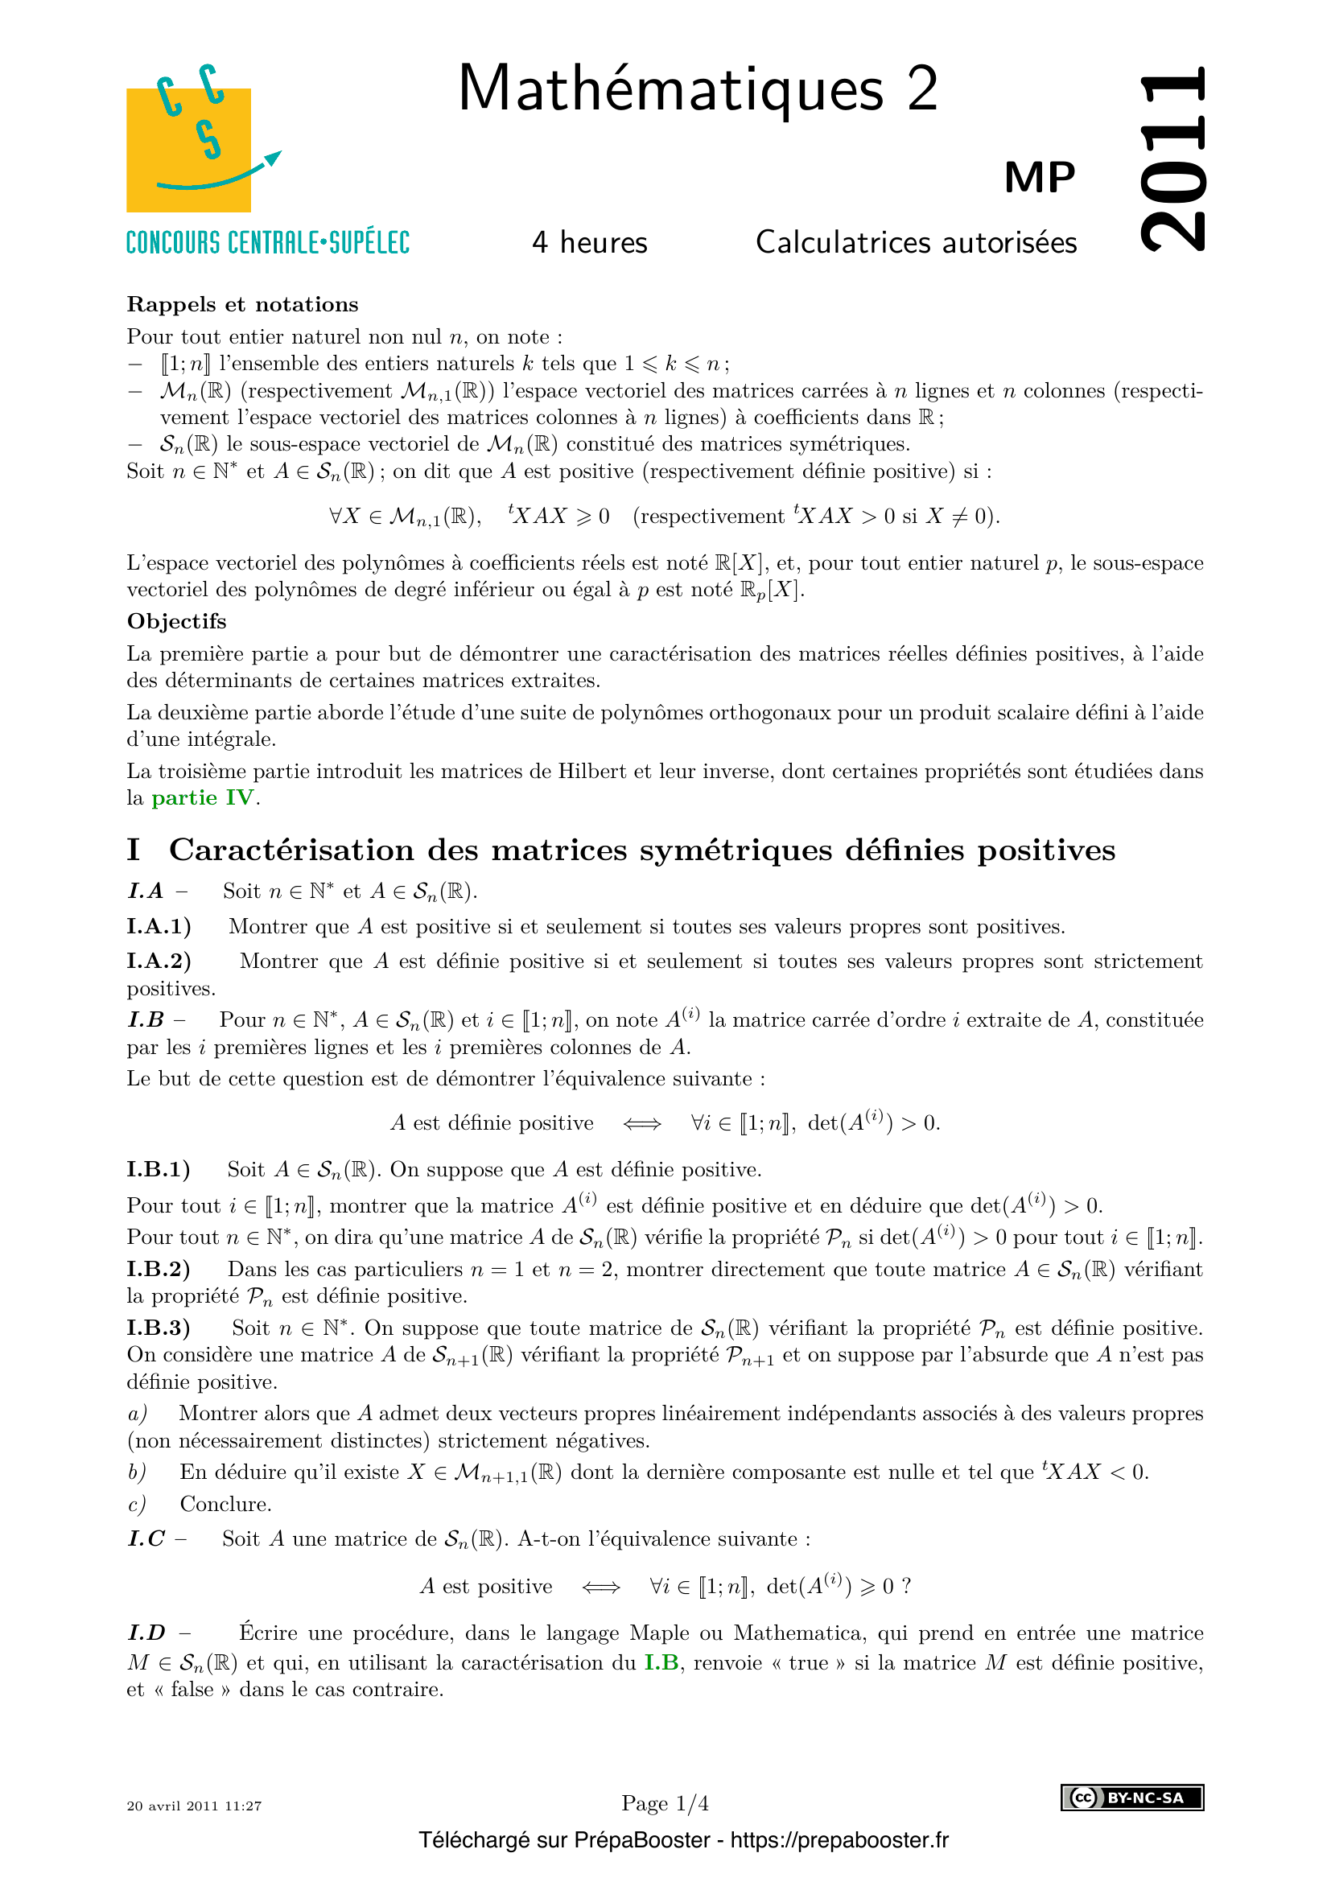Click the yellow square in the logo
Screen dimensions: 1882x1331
[187, 150]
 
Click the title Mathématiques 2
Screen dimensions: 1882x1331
[698, 89]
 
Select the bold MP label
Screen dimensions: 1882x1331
[1039, 177]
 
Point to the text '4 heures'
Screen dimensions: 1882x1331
[589, 243]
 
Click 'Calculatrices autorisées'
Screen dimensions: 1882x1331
[916, 243]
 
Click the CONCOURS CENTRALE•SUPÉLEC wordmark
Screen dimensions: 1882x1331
[267, 243]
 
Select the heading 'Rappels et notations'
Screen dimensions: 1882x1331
[242, 305]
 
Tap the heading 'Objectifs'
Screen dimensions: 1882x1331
[176, 621]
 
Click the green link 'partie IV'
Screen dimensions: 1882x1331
[204, 797]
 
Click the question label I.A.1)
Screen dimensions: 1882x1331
[159, 926]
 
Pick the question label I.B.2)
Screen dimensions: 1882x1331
[159, 1269]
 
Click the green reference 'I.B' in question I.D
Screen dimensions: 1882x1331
[661, 1662]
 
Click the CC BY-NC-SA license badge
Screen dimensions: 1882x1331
[1132, 1798]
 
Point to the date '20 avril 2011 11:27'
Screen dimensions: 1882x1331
[194, 1805]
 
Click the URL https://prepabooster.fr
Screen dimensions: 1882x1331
[839, 1840]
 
